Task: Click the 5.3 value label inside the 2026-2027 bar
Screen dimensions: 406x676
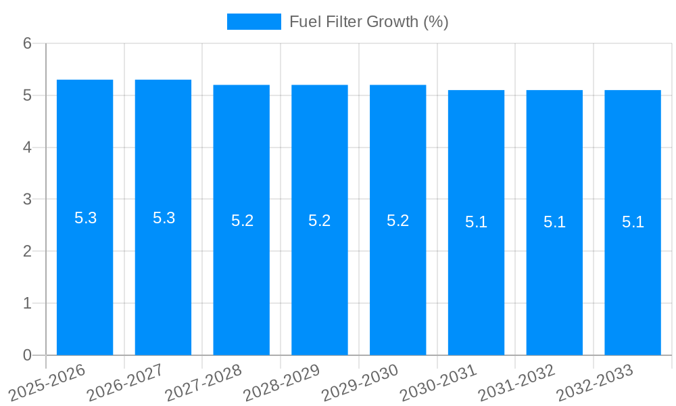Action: [164, 218]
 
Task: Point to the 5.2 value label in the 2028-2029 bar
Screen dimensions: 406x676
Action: [319, 221]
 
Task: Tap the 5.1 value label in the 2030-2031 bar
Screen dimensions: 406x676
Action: [476, 222]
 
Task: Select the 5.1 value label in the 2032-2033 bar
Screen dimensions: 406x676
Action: [633, 222]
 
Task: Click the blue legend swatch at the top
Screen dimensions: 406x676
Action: [254, 22]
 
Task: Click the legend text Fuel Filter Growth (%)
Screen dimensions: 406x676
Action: [368, 22]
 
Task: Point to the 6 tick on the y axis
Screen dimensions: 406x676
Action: [28, 43]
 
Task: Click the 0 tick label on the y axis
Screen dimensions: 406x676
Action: [28, 355]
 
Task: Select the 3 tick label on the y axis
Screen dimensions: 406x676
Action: [28, 200]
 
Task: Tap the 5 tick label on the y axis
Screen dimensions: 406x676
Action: [28, 95]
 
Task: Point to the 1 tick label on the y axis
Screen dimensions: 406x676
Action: [28, 303]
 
